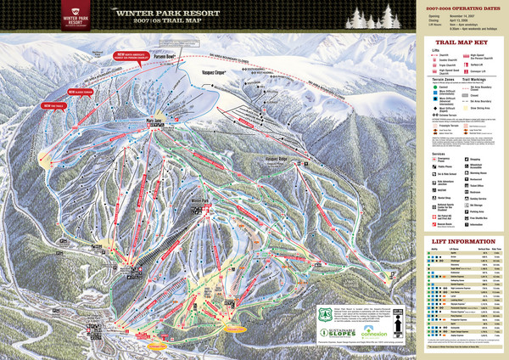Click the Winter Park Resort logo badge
tap(71, 17)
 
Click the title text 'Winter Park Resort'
tap(166, 14)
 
